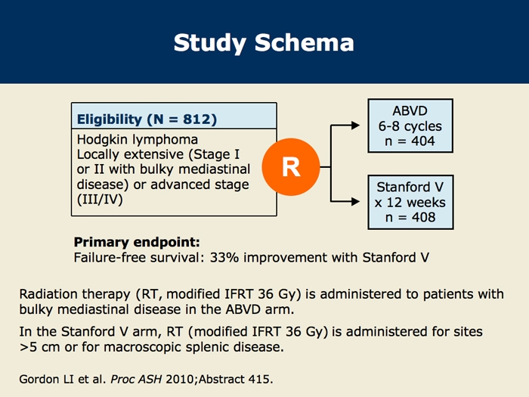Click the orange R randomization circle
tap(291, 167)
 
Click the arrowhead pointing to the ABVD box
tap(355, 126)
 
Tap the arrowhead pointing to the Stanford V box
tap(355, 202)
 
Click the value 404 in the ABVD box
tap(423, 141)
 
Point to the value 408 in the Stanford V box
tap(424, 217)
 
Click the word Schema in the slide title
tap(305, 43)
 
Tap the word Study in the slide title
tap(209, 44)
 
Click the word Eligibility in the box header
tap(110, 119)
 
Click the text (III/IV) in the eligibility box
tap(100, 200)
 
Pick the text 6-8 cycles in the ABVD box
tap(410, 126)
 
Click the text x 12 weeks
tap(410, 203)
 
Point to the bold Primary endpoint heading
tap(137, 243)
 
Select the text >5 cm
tap(39, 347)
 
